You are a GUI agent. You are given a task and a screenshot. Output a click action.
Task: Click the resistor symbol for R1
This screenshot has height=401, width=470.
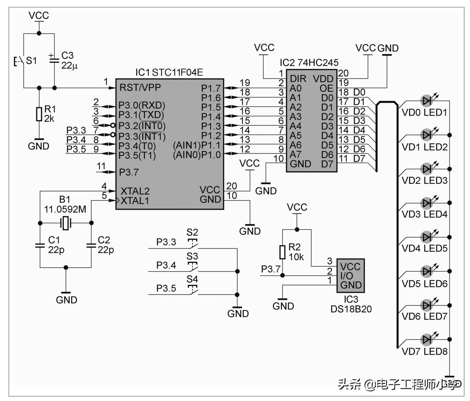(39, 114)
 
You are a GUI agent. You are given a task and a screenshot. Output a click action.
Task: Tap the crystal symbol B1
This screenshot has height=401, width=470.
(66, 223)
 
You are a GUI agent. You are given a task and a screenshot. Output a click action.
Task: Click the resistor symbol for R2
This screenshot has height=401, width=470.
(283, 252)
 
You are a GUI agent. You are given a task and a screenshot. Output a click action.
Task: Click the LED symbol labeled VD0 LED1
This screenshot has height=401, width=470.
(427, 101)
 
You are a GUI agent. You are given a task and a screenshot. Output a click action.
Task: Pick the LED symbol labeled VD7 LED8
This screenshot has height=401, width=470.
(427, 339)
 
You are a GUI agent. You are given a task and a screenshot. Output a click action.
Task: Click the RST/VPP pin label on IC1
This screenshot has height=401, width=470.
(140, 87)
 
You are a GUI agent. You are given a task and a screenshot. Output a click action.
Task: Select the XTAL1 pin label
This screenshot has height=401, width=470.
(135, 201)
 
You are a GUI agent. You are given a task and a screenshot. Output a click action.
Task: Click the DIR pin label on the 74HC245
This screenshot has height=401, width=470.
(298, 79)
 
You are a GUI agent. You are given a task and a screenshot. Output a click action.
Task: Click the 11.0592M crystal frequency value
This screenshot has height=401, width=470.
(65, 209)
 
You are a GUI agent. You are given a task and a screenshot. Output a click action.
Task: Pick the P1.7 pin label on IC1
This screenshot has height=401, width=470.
(211, 89)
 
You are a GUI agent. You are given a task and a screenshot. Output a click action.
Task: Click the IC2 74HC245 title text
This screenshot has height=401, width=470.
(309, 63)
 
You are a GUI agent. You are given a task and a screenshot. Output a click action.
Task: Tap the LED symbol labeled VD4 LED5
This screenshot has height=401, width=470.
(427, 236)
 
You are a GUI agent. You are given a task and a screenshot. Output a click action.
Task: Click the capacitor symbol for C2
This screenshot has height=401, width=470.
(92, 245)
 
